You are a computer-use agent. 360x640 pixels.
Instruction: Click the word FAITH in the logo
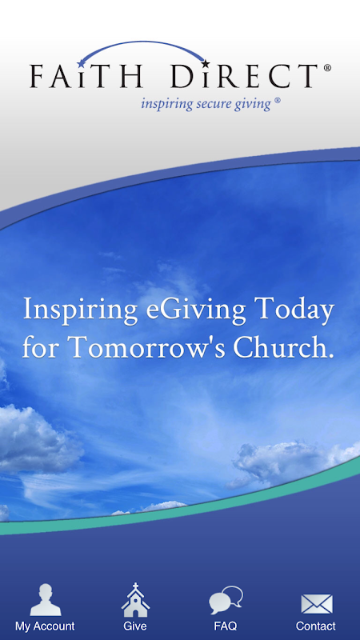tap(86, 76)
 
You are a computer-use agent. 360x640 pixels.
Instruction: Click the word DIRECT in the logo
tap(244, 76)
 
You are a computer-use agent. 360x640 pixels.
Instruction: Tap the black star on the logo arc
tap(206, 64)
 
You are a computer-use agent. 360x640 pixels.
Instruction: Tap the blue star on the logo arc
tap(82, 63)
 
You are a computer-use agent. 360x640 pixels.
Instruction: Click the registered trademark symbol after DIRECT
tap(327, 68)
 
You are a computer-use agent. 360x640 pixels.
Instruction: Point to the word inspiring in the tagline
tap(166, 105)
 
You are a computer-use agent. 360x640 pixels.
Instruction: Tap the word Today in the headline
tap(294, 310)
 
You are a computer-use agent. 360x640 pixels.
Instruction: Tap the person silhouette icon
tap(46, 599)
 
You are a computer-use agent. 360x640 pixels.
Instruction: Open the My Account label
tap(45, 626)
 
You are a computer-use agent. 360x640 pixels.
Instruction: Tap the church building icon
tap(135, 599)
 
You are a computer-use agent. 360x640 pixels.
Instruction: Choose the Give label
tap(135, 626)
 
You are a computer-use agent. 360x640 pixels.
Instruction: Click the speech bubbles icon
tap(226, 600)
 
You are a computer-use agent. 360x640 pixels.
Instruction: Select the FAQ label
tap(226, 626)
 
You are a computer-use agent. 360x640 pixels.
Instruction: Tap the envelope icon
tap(317, 604)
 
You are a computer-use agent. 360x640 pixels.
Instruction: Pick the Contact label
tap(316, 626)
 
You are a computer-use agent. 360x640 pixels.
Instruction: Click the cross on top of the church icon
tap(135, 587)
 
